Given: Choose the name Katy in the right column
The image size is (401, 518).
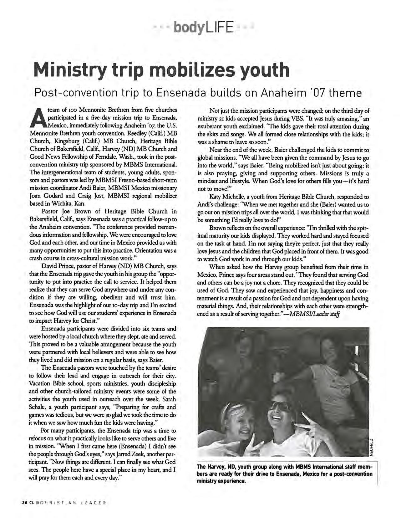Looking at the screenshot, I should tap(215, 197).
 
